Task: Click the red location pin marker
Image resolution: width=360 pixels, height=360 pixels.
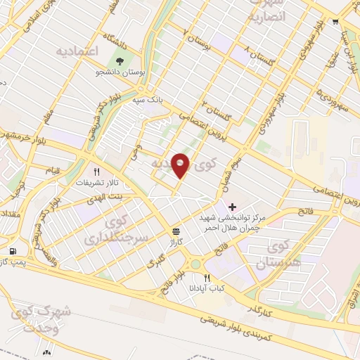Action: [181, 165]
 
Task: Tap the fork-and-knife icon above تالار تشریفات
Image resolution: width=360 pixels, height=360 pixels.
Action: [98, 171]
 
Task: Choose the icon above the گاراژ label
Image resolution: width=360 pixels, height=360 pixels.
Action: [175, 231]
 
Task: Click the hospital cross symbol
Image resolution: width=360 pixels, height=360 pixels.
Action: [233, 207]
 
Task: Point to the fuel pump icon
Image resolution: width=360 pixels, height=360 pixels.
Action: [13, 251]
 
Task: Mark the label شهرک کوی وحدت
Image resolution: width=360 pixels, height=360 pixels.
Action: [42, 319]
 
